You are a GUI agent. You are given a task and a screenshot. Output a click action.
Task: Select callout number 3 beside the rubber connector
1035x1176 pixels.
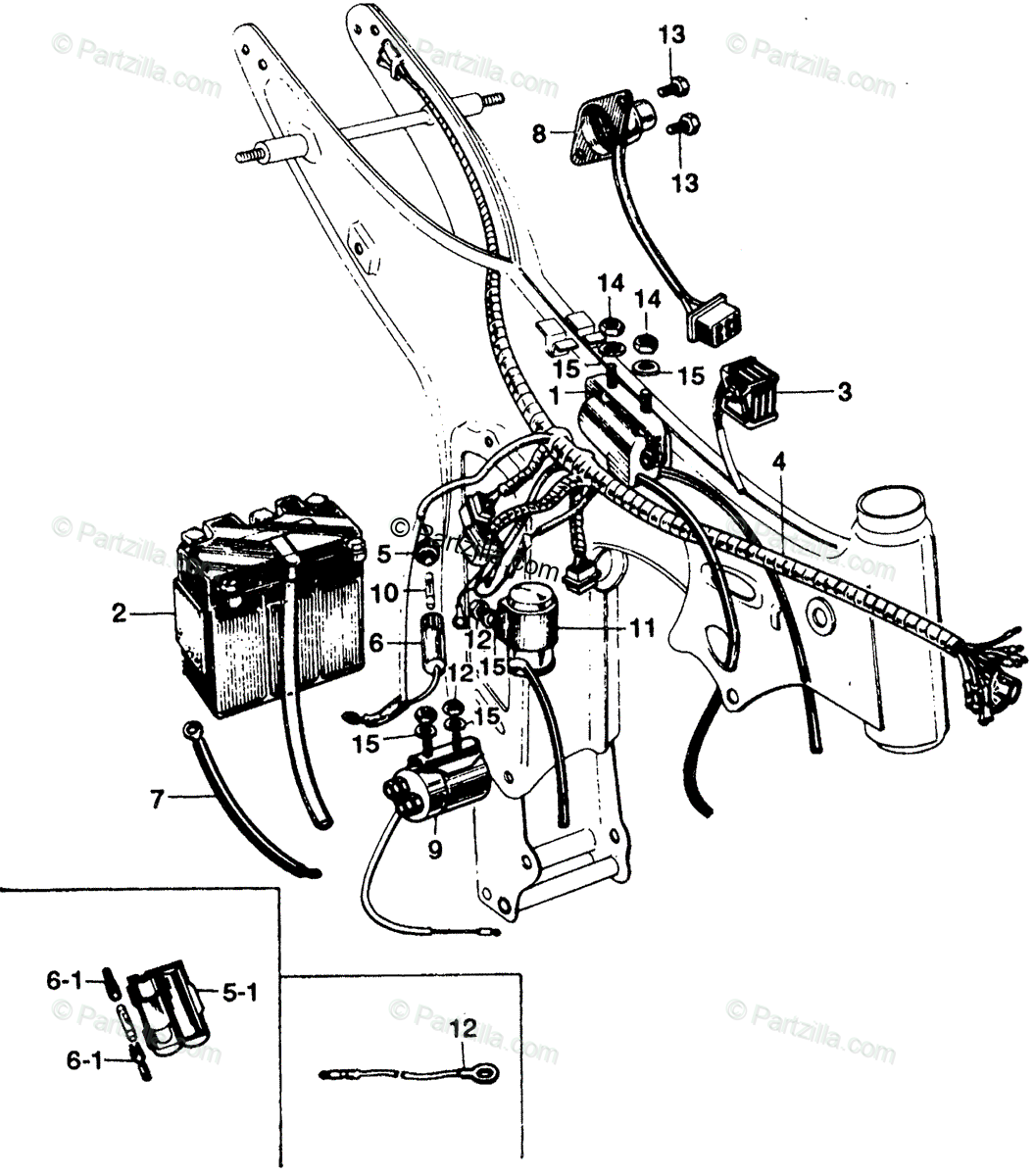844,393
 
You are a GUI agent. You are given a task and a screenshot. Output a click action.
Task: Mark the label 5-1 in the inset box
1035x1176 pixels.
238,993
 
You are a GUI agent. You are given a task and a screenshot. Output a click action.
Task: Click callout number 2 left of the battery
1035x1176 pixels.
119,614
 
